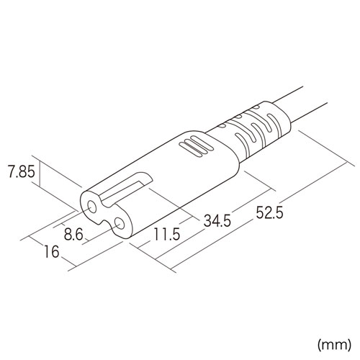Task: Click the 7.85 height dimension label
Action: [20, 173]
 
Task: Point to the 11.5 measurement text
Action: [166, 235]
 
